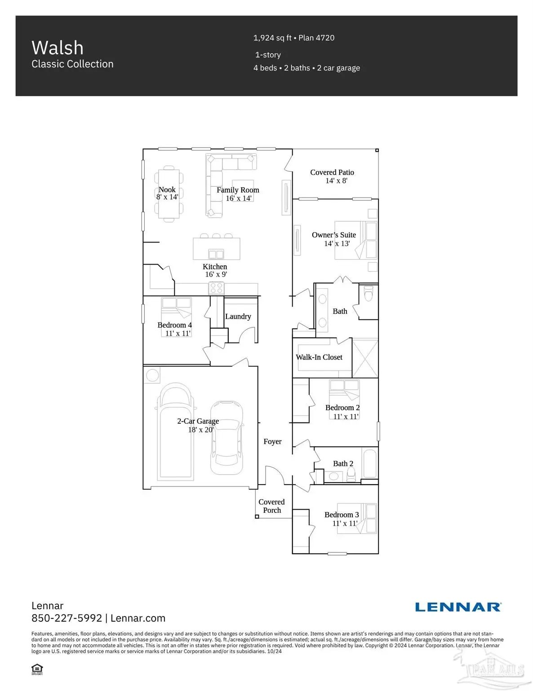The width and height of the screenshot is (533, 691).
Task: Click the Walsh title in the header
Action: click(x=58, y=48)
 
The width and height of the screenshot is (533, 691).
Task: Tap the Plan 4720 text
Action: click(x=316, y=38)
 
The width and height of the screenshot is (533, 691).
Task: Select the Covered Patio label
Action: click(x=332, y=172)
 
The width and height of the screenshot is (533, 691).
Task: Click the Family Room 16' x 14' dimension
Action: click(x=239, y=198)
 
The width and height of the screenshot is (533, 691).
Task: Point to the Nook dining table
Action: click(x=169, y=194)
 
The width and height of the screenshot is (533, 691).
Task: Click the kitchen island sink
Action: click(x=216, y=254)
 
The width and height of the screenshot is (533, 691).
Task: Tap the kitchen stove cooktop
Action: click(x=216, y=288)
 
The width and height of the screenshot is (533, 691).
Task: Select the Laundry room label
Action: click(x=238, y=316)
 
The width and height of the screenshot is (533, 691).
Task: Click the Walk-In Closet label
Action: click(x=319, y=357)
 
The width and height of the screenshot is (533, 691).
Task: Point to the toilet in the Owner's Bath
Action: click(x=369, y=294)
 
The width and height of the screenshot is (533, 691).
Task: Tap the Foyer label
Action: click(x=272, y=441)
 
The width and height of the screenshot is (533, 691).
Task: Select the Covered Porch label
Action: click(x=271, y=506)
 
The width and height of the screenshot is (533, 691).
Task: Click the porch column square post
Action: click(x=257, y=516)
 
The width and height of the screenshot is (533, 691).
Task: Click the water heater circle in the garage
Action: click(x=152, y=376)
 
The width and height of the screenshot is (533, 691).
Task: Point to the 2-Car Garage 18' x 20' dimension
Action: click(x=201, y=430)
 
